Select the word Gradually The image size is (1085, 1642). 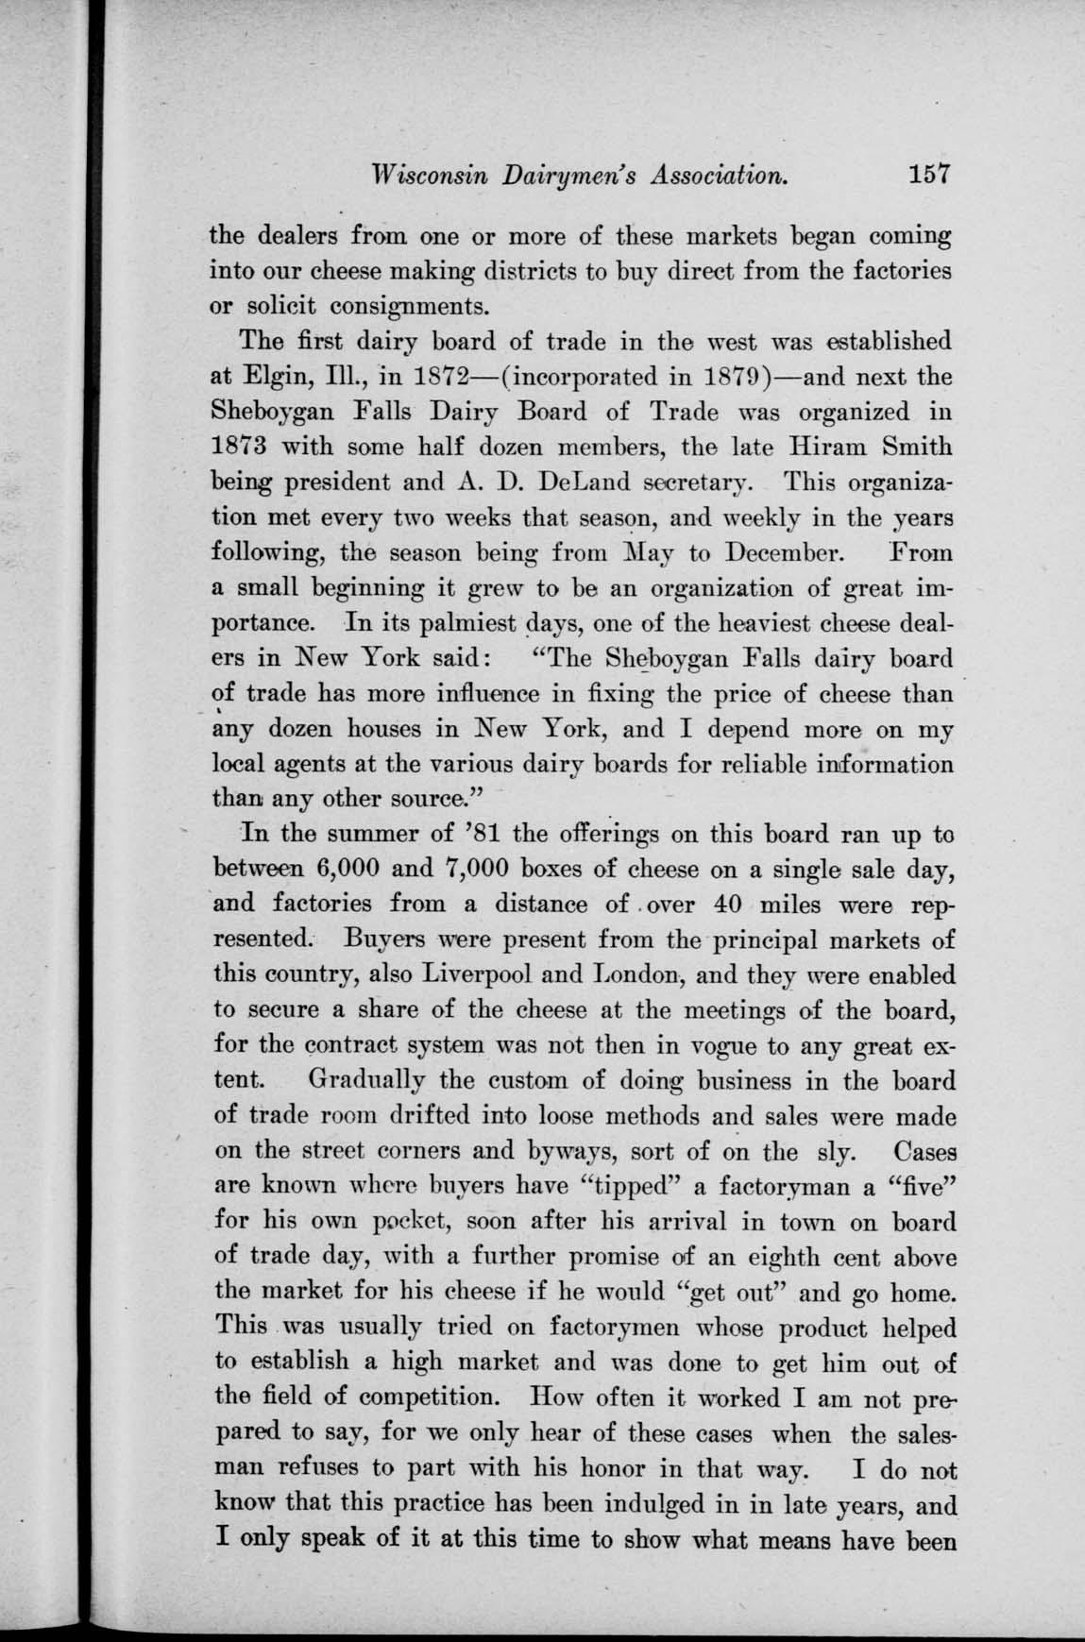[x=382, y=1080]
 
